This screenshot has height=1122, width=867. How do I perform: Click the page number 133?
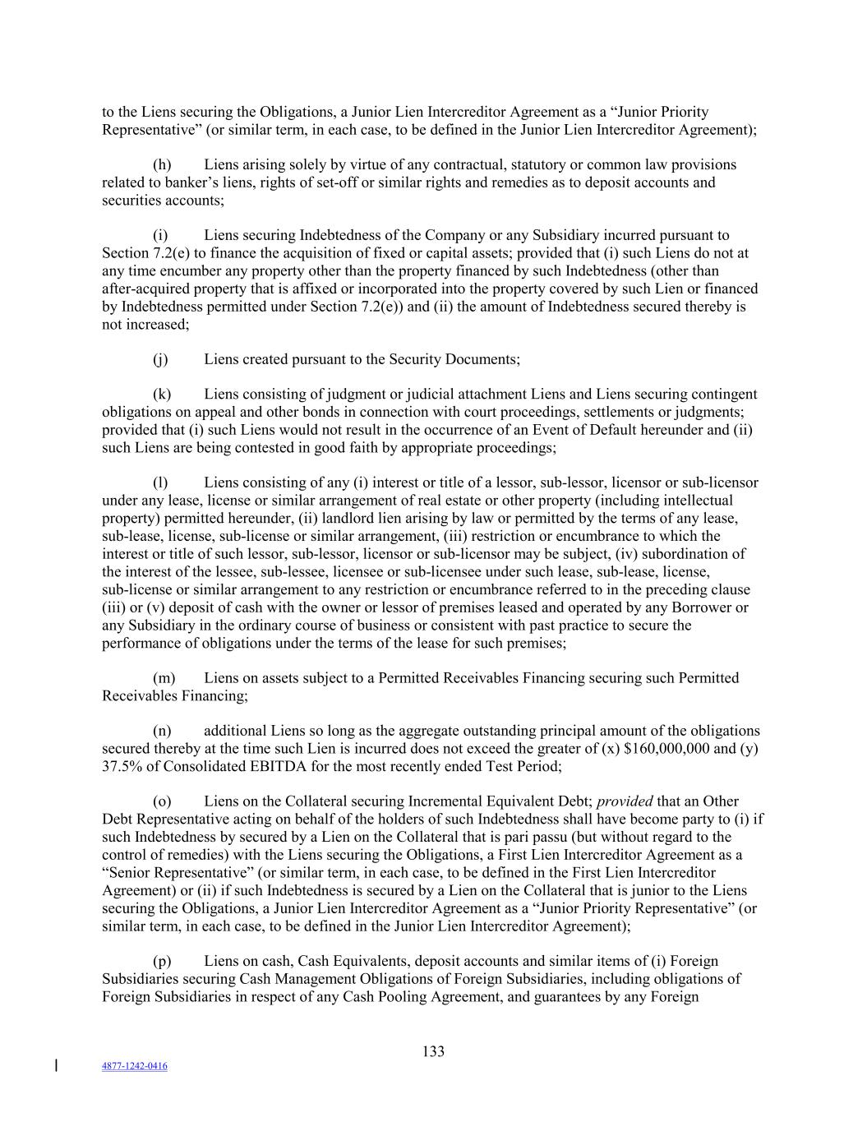[433, 1051]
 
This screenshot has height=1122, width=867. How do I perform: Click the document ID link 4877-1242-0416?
[135, 1066]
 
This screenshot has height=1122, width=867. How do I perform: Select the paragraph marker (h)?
[162, 164]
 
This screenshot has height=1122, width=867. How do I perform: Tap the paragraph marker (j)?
[160, 359]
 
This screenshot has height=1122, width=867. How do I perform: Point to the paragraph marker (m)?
[164, 678]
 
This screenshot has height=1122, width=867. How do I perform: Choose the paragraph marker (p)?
[162, 961]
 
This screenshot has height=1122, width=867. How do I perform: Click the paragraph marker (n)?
[162, 731]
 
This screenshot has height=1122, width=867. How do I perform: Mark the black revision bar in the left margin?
[56, 1066]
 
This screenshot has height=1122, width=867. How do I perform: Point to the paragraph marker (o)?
[162, 801]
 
